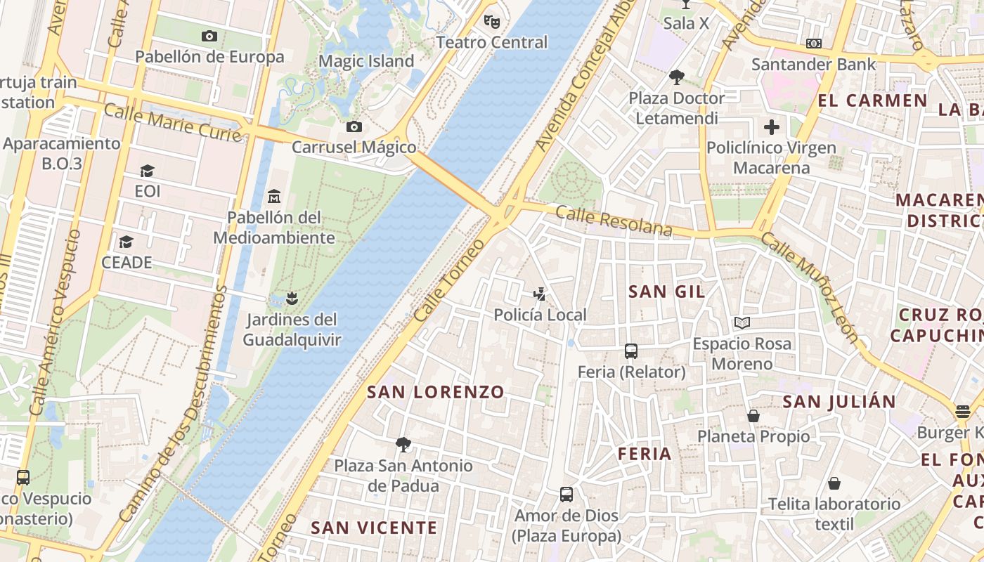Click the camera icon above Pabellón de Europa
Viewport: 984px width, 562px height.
[209, 37]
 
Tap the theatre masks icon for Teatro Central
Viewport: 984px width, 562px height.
[492, 22]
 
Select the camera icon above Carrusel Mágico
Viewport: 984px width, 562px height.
[354, 127]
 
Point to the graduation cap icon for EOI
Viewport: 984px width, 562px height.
[147, 171]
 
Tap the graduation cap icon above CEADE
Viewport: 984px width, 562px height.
[127, 242]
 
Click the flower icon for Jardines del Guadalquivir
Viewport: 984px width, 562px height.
[292, 299]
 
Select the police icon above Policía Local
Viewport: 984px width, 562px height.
[540, 294]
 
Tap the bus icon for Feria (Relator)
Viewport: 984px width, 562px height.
[631, 351]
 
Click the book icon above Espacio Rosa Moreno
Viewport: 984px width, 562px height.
[742, 323]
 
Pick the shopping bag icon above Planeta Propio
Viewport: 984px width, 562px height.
[753, 416]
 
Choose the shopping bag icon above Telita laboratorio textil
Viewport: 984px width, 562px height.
[834, 483]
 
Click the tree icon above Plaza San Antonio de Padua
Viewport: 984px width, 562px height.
[403, 445]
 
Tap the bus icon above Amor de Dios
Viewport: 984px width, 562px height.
[567, 495]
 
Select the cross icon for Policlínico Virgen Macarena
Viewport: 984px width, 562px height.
[772, 127]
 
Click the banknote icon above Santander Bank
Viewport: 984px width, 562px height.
[814, 44]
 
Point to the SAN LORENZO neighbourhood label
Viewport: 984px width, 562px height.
[436, 392]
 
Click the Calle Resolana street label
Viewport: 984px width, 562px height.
[614, 220]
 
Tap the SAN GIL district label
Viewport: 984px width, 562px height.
[666, 292]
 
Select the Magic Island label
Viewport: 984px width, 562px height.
[366, 62]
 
